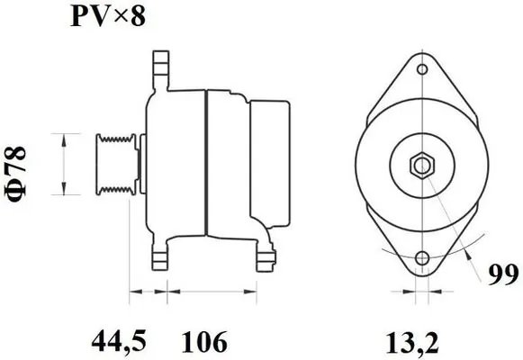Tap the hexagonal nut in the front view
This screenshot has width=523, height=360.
click(421, 165)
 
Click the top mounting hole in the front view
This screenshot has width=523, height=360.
click(421, 68)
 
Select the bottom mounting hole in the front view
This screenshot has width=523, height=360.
click(421, 260)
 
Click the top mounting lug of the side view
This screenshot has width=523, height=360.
click(160, 67)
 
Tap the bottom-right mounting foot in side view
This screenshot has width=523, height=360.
click(264, 258)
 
